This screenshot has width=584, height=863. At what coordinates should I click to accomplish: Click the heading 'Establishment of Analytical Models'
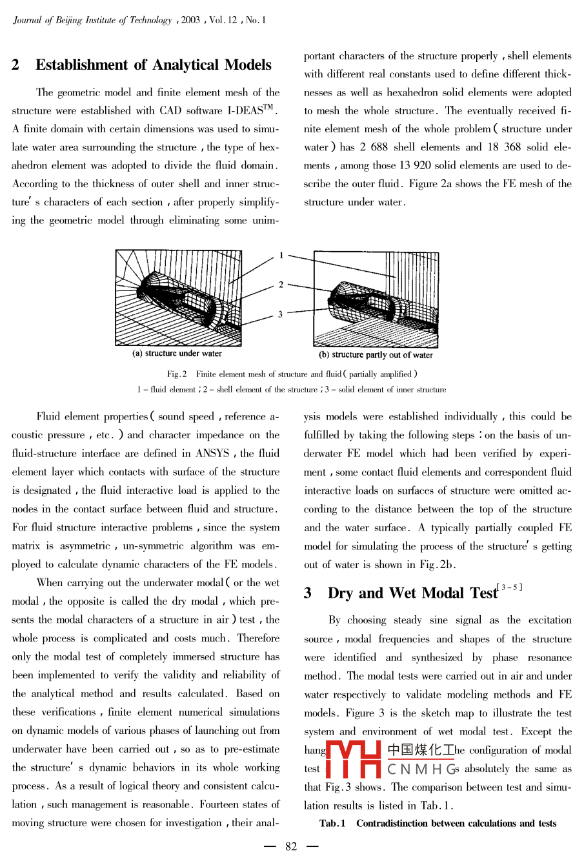click(x=154, y=65)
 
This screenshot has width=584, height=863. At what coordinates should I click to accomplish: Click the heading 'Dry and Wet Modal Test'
click(x=412, y=593)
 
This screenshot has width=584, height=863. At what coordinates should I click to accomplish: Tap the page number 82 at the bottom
click(x=291, y=846)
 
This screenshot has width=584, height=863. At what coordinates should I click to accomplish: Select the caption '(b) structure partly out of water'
click(x=376, y=355)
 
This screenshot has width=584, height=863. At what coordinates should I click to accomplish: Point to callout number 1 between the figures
click(x=281, y=256)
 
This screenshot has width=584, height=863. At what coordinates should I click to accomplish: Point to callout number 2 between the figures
click(x=281, y=284)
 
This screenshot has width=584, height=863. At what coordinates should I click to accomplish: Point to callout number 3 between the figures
click(x=280, y=314)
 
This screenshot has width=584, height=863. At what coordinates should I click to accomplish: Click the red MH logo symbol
click(x=354, y=759)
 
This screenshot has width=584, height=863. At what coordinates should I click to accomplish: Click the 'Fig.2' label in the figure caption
click(x=177, y=374)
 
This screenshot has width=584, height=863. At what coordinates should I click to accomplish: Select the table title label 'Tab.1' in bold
click(x=332, y=824)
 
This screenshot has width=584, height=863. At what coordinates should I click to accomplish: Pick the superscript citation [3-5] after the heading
click(x=510, y=587)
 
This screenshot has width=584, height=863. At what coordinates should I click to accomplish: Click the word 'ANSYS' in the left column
click(x=212, y=453)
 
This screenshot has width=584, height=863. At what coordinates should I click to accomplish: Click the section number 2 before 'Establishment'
click(x=15, y=65)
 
